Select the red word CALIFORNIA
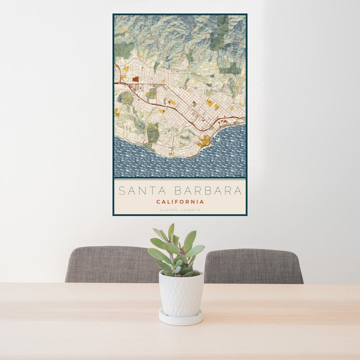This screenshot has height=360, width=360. tap(180, 202)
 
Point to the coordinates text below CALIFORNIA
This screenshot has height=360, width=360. tap(180, 210)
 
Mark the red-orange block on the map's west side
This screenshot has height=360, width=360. tap(135, 79)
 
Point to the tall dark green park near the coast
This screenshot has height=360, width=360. tap(153, 132)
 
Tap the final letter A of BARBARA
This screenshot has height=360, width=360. tap(238, 191)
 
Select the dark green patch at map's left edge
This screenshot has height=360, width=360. tap(123, 50)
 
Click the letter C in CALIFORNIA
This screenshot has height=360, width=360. tap(158, 202)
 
